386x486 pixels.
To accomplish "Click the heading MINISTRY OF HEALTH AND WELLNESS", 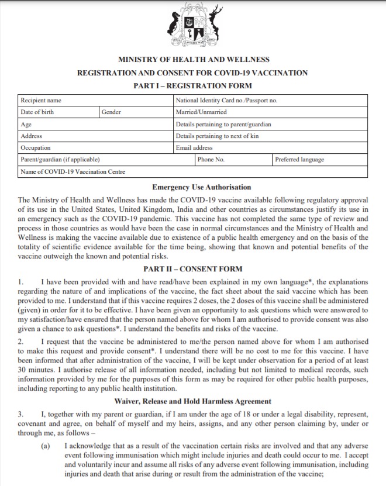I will (x=193, y=60).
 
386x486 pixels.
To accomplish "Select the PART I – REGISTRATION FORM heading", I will (x=193, y=86).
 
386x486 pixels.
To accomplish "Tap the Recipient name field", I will (x=41, y=100).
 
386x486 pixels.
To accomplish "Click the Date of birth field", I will (x=37, y=112).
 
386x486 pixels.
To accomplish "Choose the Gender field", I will (x=111, y=112).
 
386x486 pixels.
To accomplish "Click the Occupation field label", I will (x=36, y=148).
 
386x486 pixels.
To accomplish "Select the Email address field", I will (x=194, y=148).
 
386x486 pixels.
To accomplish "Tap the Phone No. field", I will (x=211, y=160).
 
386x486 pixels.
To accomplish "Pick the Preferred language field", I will (x=299, y=160).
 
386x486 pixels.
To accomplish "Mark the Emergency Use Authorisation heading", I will (x=193, y=187).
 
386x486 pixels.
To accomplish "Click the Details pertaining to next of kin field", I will (x=217, y=136).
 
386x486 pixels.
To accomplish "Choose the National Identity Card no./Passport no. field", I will (x=226, y=100).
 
